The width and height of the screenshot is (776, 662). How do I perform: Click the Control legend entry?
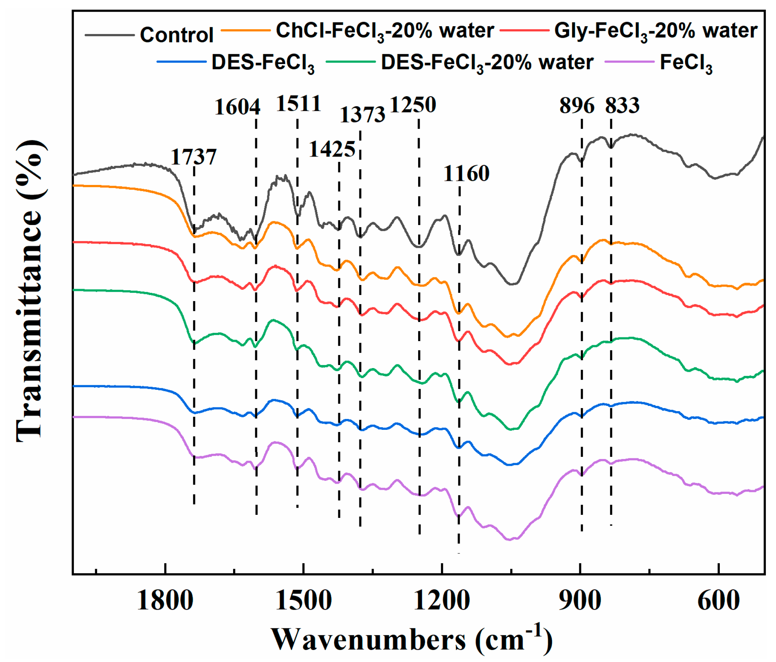point(176,35)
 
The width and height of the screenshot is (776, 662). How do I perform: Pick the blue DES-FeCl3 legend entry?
point(263,63)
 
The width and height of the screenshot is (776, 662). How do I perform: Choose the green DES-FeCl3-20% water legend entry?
point(487,63)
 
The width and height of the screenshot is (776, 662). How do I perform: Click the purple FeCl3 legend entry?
point(686,63)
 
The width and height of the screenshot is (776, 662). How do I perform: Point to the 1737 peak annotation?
point(194,157)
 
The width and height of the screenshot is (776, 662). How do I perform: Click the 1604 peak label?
point(237,107)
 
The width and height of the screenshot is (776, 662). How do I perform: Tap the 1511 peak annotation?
point(299,103)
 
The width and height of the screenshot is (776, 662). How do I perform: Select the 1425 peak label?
point(332,149)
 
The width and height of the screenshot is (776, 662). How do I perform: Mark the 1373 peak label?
point(362,115)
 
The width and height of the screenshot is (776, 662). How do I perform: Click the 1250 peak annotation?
point(413,104)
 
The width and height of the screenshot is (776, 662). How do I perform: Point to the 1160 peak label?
point(466,173)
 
